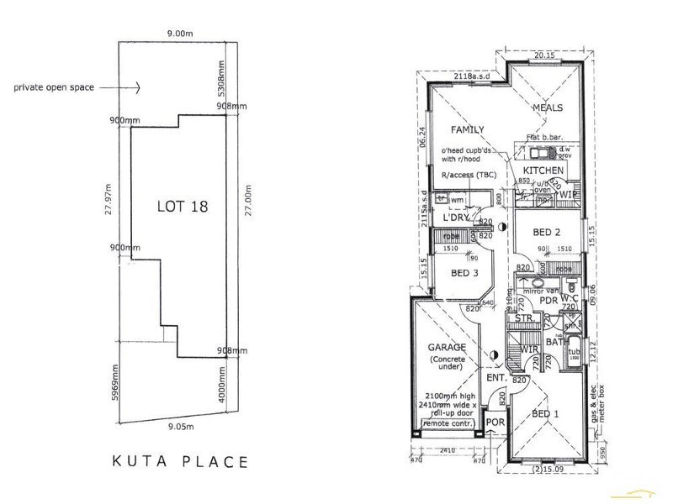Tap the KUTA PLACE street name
(x=180, y=461)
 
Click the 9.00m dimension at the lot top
(x=179, y=33)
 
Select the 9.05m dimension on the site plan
(x=178, y=428)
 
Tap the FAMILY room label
(x=467, y=130)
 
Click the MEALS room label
(x=547, y=108)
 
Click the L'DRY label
(x=455, y=218)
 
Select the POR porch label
(x=495, y=422)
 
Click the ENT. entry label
(x=495, y=379)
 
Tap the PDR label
(x=548, y=301)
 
